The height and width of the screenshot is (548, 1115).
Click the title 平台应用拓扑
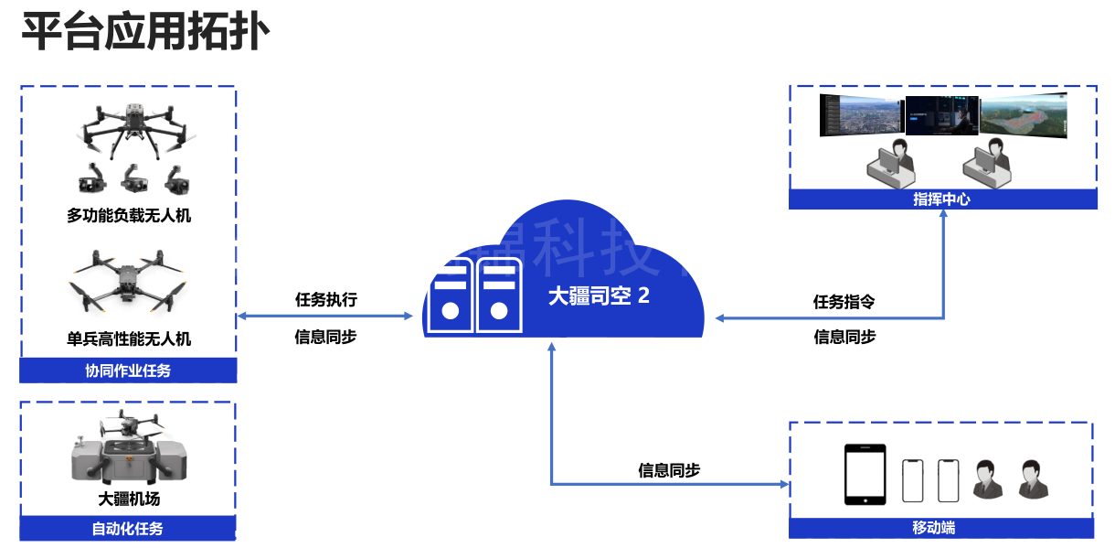point(145,33)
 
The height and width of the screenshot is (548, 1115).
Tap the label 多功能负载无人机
point(129,216)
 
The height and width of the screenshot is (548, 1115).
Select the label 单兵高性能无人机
point(129,338)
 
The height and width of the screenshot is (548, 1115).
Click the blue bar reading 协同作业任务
point(128,371)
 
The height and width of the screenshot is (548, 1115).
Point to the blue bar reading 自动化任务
point(128,529)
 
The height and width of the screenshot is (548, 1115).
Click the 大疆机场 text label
point(129,500)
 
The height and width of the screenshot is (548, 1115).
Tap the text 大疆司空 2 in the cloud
point(599,295)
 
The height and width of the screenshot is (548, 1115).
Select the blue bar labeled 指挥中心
point(942,199)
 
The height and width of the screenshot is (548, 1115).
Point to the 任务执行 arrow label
point(325,299)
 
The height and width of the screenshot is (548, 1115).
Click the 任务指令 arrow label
point(844,301)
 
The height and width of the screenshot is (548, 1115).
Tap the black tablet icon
point(865,475)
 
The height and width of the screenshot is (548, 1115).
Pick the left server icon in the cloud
point(450,295)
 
